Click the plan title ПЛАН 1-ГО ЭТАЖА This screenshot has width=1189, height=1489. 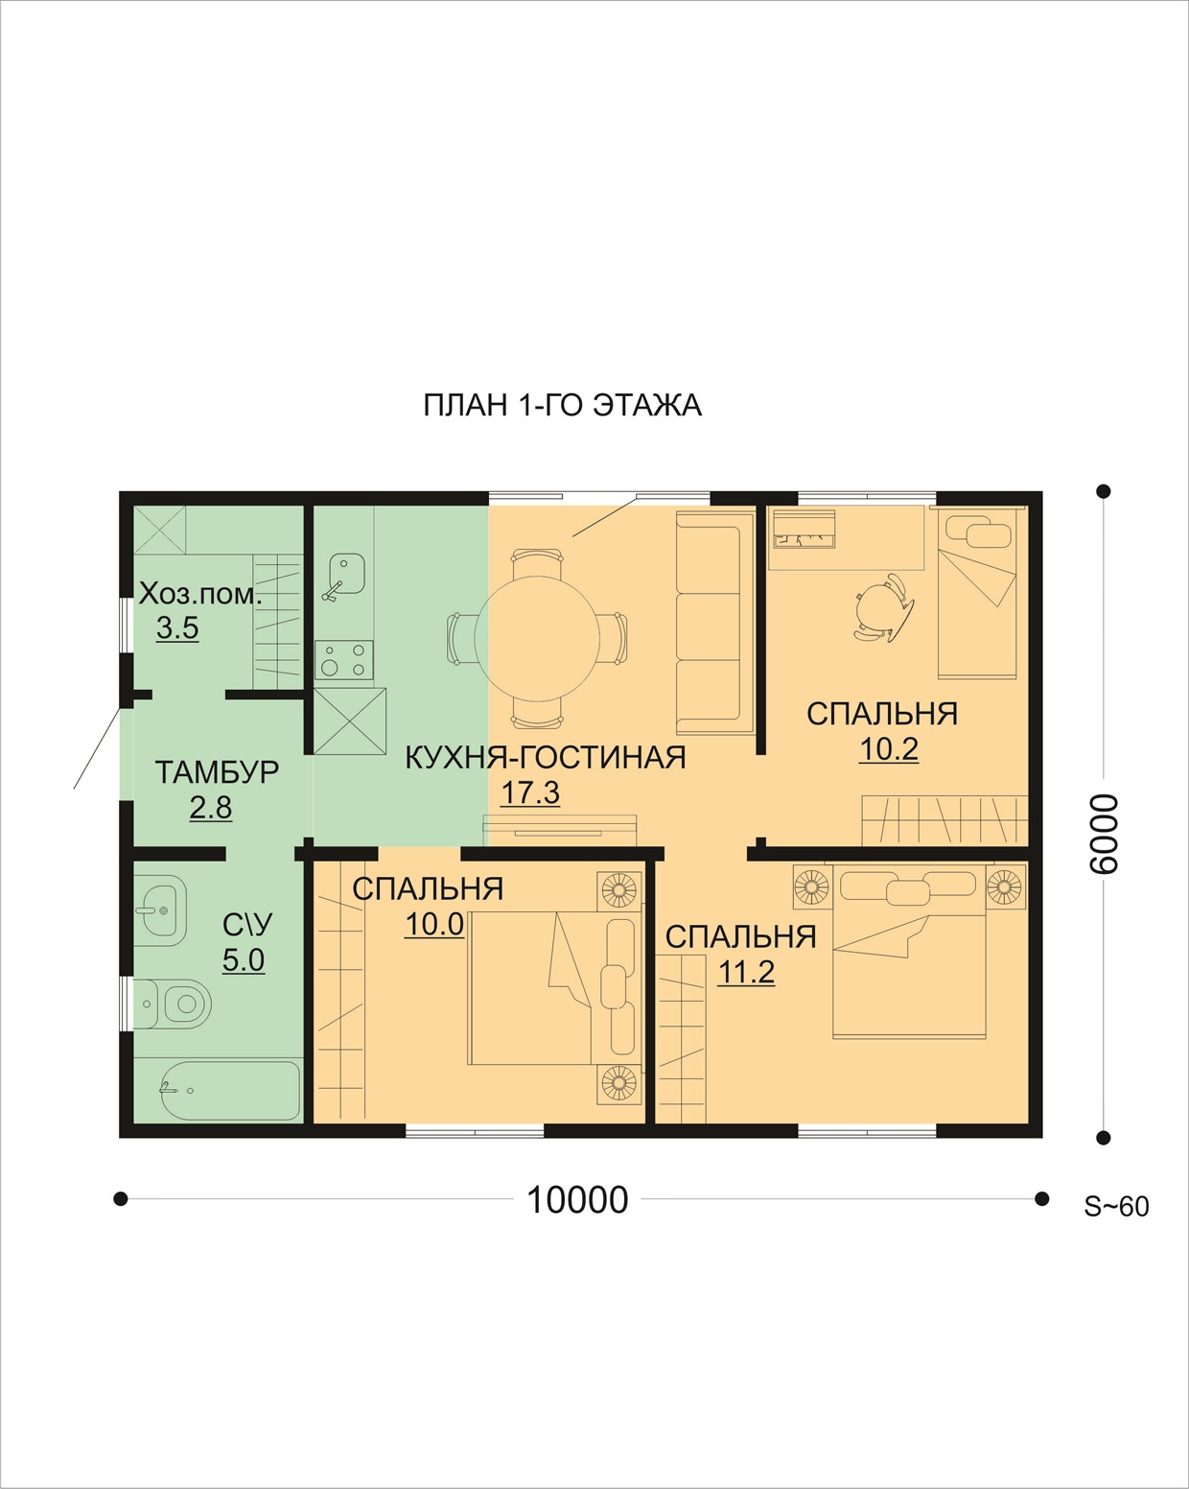(562, 406)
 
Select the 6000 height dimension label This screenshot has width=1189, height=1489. (1103, 835)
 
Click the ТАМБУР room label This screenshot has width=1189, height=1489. (217, 772)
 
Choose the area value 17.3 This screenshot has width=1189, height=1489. (530, 792)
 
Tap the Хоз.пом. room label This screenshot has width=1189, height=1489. (200, 595)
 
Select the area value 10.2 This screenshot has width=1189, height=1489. (889, 748)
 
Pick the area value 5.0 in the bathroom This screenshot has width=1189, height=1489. (244, 960)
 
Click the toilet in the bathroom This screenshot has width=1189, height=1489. (173, 1004)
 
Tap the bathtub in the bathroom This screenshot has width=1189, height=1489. (218, 1091)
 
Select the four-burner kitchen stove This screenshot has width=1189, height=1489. (344, 660)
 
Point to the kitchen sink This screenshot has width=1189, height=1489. (344, 575)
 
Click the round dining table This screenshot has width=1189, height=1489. (537, 637)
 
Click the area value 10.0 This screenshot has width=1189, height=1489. (433, 925)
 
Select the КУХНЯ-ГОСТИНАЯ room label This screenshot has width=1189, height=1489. (545, 758)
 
